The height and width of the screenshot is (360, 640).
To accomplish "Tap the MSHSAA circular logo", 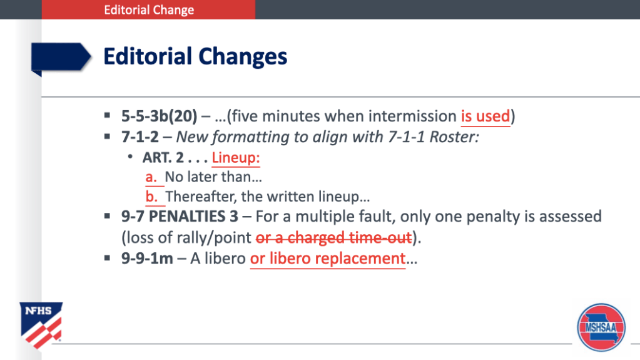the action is (x=601, y=327).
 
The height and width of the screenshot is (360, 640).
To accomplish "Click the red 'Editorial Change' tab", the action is (x=148, y=9).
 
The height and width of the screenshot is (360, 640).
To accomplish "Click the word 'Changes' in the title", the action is (x=243, y=57).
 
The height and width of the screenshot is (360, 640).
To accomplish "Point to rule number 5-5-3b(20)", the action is (x=159, y=116).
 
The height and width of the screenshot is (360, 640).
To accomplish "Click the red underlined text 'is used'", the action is (x=485, y=116).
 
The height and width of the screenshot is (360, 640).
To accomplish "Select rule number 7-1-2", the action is (x=140, y=137).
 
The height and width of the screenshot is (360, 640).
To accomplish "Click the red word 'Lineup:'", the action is (x=235, y=158).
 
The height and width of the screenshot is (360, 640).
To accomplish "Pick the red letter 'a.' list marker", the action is (x=151, y=177).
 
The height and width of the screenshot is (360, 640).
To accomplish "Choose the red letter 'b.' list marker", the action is (x=151, y=197).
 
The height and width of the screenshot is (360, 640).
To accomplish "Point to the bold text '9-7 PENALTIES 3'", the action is (x=180, y=217).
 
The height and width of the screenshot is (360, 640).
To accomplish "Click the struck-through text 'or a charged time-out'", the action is (x=333, y=237).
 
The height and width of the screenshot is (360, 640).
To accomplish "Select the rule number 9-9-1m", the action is (x=147, y=259).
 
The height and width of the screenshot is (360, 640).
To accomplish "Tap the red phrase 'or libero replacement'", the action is (x=328, y=259).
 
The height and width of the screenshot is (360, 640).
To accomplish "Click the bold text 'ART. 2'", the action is (x=163, y=158).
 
